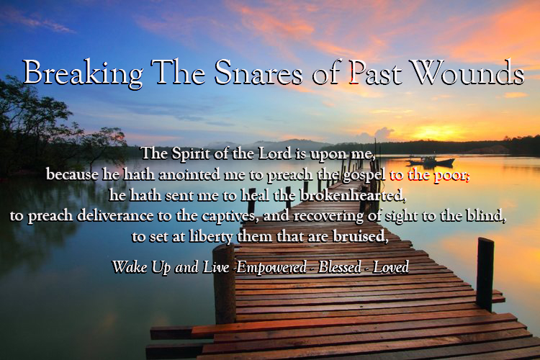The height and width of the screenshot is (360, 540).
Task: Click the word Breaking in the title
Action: point(83,72)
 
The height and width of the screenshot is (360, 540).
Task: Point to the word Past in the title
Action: point(375,73)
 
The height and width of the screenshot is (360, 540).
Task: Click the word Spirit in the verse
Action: point(191,154)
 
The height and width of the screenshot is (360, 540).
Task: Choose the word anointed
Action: point(190,175)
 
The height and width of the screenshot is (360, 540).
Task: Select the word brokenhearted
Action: point(353,195)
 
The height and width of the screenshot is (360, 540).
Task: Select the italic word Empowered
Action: point(271,268)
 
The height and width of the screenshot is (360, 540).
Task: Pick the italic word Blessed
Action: point(340,267)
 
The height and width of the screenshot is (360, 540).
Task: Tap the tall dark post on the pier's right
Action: point(485,274)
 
